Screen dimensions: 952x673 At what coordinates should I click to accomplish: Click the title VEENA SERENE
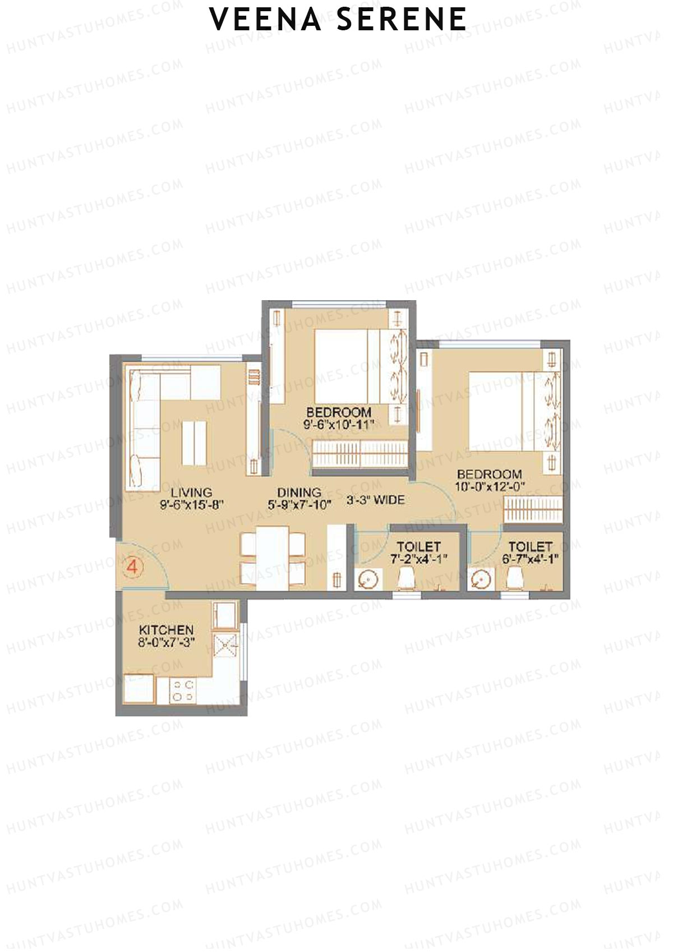click(x=338, y=20)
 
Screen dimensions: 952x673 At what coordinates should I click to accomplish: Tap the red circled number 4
click(x=132, y=567)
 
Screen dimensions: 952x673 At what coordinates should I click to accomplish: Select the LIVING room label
click(x=191, y=493)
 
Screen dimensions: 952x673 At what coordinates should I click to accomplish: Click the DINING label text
click(x=299, y=492)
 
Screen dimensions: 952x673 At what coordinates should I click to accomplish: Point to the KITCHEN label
click(x=166, y=630)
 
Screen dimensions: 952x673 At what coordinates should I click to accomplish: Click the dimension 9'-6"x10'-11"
click(x=339, y=425)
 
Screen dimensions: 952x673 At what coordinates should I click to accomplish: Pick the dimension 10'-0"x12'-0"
click(x=490, y=486)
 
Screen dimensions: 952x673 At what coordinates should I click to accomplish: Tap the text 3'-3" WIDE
click(x=375, y=499)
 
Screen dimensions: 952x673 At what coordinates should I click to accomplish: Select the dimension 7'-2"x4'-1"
click(x=418, y=559)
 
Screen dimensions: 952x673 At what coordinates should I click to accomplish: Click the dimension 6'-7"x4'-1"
click(x=530, y=559)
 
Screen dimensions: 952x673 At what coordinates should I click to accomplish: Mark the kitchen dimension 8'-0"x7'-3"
click(x=166, y=643)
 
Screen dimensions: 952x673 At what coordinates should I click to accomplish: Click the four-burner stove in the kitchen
click(x=183, y=691)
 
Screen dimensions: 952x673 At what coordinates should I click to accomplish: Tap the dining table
click(x=273, y=558)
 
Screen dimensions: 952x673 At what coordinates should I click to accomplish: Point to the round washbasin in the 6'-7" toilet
click(x=481, y=580)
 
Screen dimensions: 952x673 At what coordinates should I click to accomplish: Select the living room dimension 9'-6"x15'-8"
click(x=191, y=505)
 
